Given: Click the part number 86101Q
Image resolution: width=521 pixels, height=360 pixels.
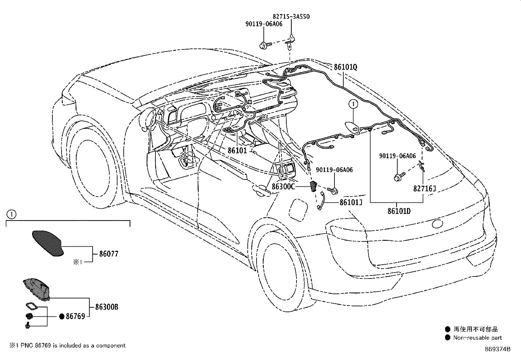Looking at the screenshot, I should pyautogui.click(x=345, y=67).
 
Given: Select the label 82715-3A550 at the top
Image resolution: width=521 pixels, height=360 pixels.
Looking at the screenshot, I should pyautogui.click(x=291, y=16).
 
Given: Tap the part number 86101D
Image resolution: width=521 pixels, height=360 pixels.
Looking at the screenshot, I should pyautogui.click(x=399, y=211).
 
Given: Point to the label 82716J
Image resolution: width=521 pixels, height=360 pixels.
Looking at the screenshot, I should pyautogui.click(x=424, y=188).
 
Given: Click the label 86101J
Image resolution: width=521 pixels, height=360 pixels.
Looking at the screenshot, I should pyautogui.click(x=350, y=202).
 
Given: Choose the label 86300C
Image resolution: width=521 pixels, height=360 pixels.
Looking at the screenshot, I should pyautogui.click(x=283, y=186).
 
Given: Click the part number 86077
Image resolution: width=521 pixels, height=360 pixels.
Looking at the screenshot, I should pyautogui.click(x=106, y=254).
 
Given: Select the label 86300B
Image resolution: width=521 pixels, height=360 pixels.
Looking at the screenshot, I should pyautogui.click(x=107, y=307).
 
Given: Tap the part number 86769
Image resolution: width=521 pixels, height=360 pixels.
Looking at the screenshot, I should pyautogui.click(x=76, y=316).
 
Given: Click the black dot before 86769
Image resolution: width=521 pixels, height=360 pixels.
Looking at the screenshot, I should pyautogui.click(x=62, y=316).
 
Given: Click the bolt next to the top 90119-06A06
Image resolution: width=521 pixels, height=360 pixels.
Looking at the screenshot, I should pyautogui.click(x=265, y=45).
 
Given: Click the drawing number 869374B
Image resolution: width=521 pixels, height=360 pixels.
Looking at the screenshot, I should pyautogui.click(x=497, y=349).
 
